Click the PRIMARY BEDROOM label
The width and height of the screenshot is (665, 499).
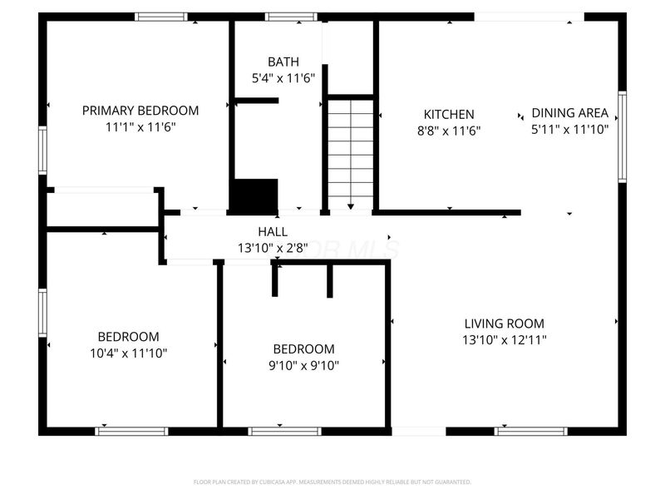point(140,111)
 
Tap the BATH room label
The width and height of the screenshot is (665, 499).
point(283,62)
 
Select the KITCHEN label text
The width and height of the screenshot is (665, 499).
point(449,115)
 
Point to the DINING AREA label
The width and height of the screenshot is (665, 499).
point(570,113)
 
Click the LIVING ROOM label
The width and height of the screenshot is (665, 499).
point(504,324)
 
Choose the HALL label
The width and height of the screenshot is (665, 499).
point(273,232)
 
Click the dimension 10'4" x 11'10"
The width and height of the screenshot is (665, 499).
point(128,353)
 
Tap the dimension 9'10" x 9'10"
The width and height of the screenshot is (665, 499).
point(304,365)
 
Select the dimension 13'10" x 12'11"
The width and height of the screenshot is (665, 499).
point(504,339)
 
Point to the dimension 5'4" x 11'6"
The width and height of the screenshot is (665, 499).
point(283,79)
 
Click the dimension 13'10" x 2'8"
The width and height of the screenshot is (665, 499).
point(273,247)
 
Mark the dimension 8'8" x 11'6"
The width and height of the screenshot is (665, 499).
point(449,130)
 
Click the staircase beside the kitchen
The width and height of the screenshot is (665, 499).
point(350,152)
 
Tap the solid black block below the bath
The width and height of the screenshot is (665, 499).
point(254,196)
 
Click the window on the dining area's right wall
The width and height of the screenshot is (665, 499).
point(622,137)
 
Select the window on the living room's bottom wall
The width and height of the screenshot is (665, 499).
point(530,431)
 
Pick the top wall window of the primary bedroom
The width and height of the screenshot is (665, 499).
point(161,16)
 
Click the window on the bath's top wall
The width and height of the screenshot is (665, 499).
point(291,16)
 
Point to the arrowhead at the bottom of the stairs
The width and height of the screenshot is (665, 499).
point(350,206)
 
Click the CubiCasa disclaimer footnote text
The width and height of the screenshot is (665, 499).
point(332,482)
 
